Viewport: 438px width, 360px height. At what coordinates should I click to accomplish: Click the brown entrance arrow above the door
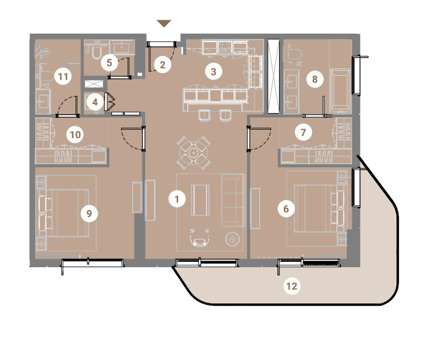click(x=164, y=23)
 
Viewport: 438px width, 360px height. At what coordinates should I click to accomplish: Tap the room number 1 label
click(x=177, y=199)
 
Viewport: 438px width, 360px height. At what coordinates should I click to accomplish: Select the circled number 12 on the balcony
click(x=292, y=286)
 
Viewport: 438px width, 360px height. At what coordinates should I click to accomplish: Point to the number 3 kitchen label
click(x=213, y=71)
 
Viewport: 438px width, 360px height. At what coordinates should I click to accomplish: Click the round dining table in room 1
click(x=193, y=153)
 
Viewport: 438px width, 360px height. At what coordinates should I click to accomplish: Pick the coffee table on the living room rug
click(x=200, y=200)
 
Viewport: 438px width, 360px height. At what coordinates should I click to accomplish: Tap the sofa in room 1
click(x=233, y=200)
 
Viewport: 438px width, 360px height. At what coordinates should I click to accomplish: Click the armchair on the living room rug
click(x=200, y=237)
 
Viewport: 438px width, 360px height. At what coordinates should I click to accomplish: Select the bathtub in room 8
click(x=340, y=91)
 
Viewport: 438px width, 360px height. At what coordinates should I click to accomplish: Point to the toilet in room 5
click(x=97, y=52)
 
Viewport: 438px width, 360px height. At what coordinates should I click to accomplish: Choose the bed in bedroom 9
click(x=63, y=213)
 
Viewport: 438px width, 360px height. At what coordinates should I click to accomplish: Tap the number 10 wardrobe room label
click(x=75, y=135)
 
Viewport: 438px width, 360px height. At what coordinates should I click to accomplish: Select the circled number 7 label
click(x=304, y=132)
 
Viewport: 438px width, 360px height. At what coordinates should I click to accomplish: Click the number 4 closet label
click(x=95, y=102)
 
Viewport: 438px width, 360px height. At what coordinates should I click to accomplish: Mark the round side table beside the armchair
click(x=233, y=239)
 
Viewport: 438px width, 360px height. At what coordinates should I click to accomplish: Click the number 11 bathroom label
click(x=63, y=76)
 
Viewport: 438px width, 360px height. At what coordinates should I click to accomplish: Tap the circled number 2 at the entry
click(x=162, y=65)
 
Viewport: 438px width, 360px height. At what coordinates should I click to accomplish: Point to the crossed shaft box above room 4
click(x=94, y=84)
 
